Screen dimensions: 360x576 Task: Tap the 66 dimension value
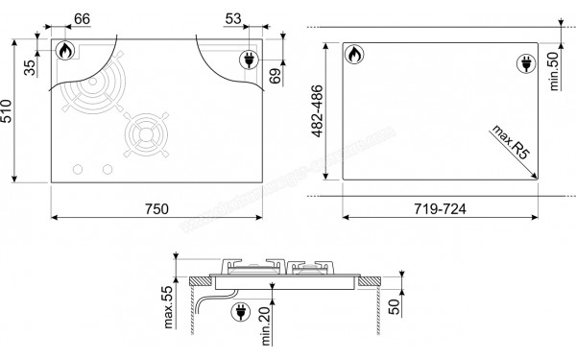pos(82,19)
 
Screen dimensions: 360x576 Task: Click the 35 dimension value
pos(30,66)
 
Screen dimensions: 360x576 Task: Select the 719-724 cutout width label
pos(438,208)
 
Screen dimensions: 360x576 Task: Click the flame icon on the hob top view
pos(65,51)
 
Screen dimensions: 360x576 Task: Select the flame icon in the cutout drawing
pos(351,54)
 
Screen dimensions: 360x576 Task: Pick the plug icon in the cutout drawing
pos(524,63)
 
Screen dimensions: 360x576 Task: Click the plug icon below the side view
pos(239,312)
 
